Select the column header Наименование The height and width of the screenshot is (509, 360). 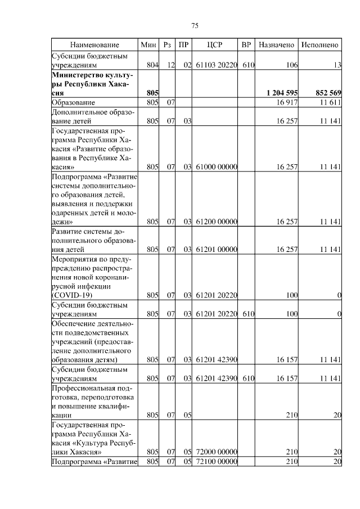95,44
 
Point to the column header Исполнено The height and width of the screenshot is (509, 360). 320,44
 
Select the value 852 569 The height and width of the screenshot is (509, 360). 325,93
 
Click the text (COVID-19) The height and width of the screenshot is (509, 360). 71,295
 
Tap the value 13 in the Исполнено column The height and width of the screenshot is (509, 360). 337,65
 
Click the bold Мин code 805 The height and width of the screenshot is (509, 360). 152,93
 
